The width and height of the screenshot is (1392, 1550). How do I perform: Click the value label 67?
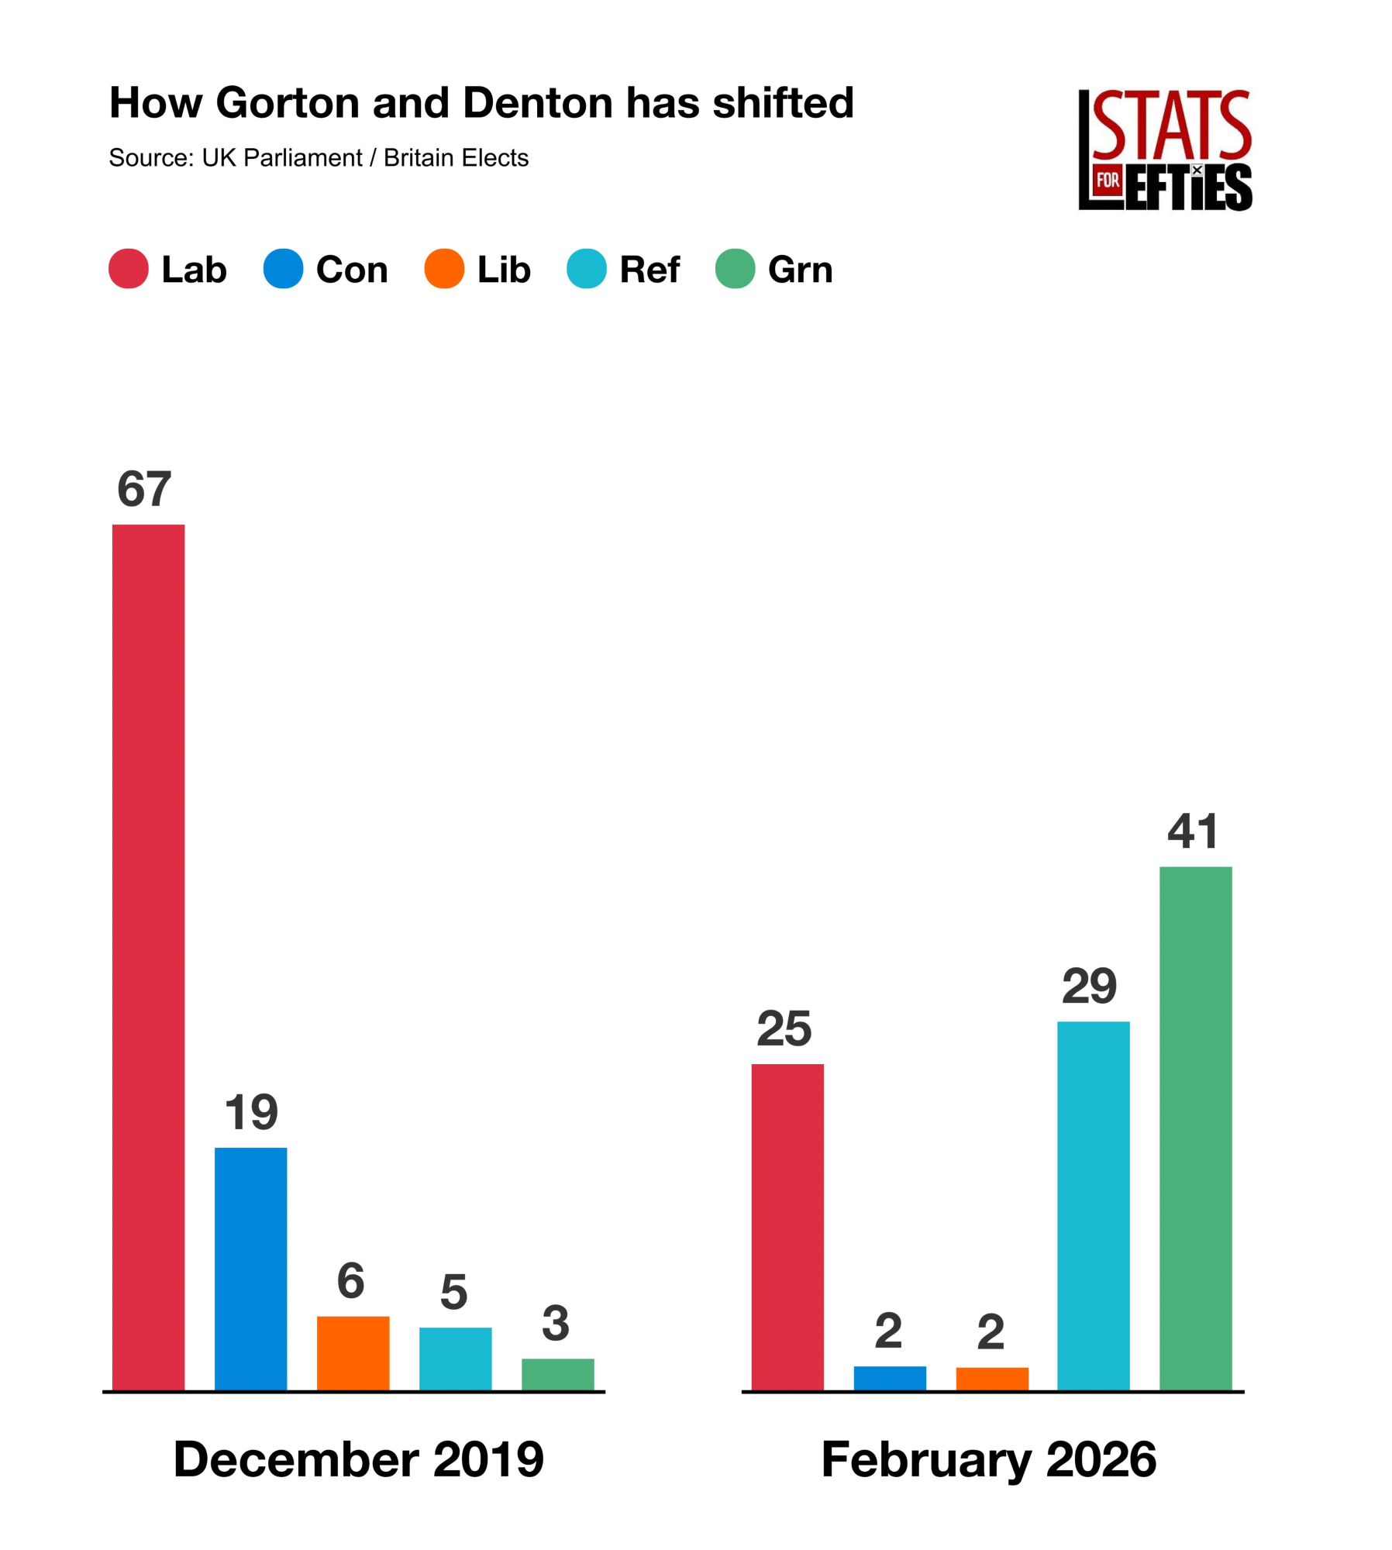click(144, 489)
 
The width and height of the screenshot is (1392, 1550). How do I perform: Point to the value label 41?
click(1192, 831)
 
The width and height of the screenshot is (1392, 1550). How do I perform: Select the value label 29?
click(1089, 986)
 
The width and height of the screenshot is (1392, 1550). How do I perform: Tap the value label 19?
click(251, 1112)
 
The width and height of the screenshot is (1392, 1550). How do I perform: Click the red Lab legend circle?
click(129, 268)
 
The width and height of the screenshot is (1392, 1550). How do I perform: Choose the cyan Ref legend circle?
click(586, 268)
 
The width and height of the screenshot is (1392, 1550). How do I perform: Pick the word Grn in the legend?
click(800, 270)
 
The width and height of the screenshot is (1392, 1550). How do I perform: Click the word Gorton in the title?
click(288, 102)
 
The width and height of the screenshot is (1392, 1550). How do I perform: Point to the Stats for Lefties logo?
click(1164, 150)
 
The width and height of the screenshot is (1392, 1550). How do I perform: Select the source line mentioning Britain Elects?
click(319, 158)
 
